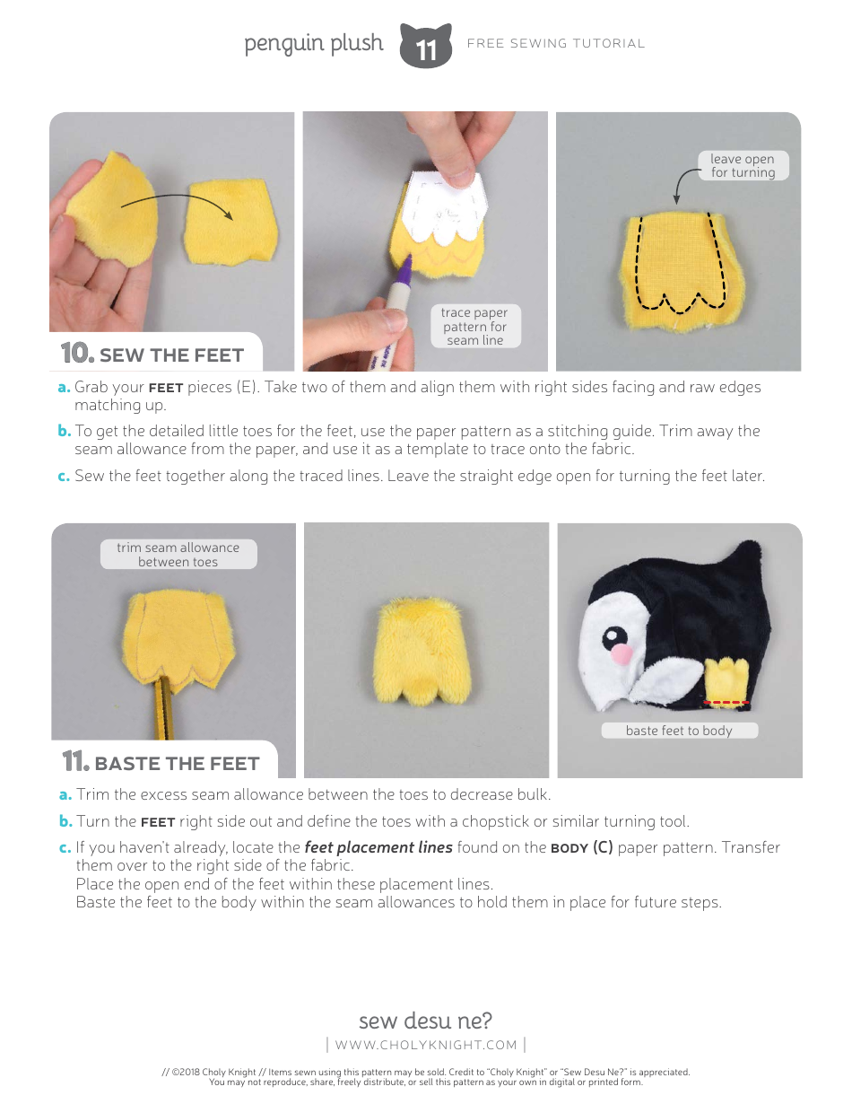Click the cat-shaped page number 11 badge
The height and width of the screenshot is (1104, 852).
426,47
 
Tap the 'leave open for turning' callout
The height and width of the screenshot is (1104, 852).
743,165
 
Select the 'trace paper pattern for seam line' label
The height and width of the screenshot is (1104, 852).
474,327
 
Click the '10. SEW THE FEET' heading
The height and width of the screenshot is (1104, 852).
152,355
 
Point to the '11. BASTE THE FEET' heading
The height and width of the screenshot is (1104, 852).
161,763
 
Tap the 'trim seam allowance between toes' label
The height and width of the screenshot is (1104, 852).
178,555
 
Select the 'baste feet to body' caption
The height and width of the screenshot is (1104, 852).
679,731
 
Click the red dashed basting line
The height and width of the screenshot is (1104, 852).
727,702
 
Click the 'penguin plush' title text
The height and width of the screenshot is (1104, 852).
313,43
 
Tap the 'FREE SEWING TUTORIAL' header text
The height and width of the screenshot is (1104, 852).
556,43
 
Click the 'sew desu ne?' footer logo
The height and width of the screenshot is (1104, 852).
425,1021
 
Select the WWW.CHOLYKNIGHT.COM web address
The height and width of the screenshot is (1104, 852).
426,1045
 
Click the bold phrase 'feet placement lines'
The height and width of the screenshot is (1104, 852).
378,847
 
